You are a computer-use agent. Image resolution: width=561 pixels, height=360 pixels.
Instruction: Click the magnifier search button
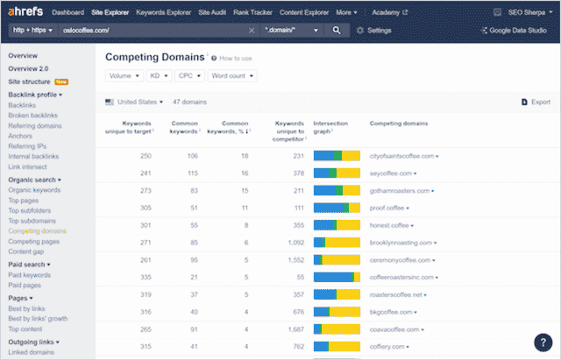click(337, 30)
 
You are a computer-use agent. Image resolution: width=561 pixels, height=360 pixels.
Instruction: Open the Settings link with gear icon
click(374, 30)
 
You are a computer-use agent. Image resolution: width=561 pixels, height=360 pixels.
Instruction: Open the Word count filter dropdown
click(232, 76)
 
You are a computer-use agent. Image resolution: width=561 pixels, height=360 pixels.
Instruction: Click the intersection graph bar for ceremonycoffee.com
click(337, 259)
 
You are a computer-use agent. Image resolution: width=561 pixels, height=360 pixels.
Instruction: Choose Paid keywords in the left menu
click(31, 275)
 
